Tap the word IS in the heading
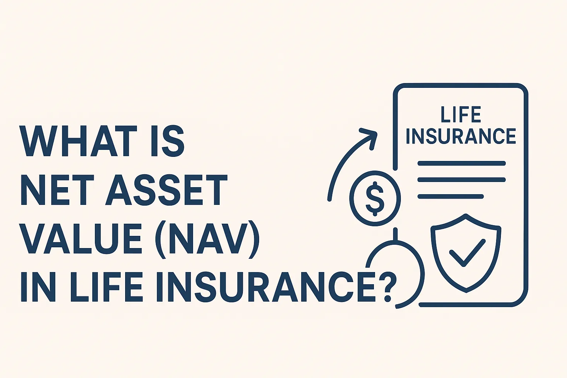point(167,141)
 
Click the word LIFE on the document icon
point(461,115)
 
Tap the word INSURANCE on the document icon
point(461,136)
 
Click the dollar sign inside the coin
point(375,199)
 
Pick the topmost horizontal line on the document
point(461,163)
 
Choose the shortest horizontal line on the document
point(450,197)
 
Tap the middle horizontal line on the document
point(461,180)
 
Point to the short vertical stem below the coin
point(395,234)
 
